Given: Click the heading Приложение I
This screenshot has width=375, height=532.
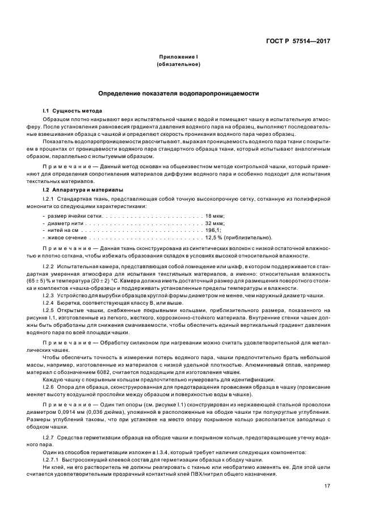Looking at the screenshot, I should point(178,57).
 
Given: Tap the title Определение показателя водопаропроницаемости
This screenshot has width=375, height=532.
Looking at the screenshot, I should point(178,93).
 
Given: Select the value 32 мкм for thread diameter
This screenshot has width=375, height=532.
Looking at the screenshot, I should point(215,224).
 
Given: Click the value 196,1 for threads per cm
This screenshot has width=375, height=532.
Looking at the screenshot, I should point(213,231).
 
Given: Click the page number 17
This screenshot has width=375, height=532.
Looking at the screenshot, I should point(327,486).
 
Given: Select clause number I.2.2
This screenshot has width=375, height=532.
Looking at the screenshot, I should point(50,267).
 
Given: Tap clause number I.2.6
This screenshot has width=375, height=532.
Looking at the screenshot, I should point(50,386).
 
